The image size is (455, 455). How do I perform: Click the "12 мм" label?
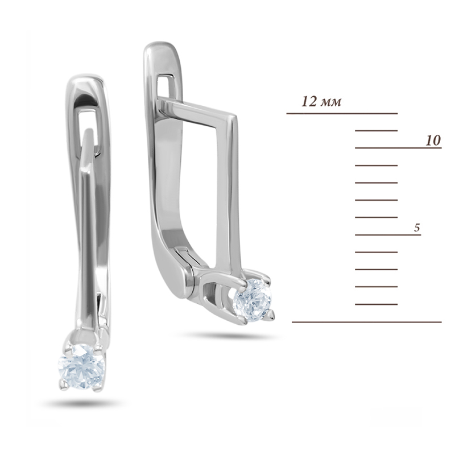click(321, 102)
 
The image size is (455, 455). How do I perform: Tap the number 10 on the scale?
click(433, 140)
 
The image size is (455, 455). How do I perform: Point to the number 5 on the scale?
click(417, 228)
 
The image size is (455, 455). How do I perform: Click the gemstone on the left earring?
click(81, 366)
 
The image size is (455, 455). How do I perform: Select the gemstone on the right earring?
click(252, 300)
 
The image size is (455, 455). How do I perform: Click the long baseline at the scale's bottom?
click(367, 322)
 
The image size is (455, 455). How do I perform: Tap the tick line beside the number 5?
click(388, 234)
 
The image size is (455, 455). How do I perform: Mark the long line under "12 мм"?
click(342, 113)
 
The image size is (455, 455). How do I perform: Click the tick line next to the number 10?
click(399, 148)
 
